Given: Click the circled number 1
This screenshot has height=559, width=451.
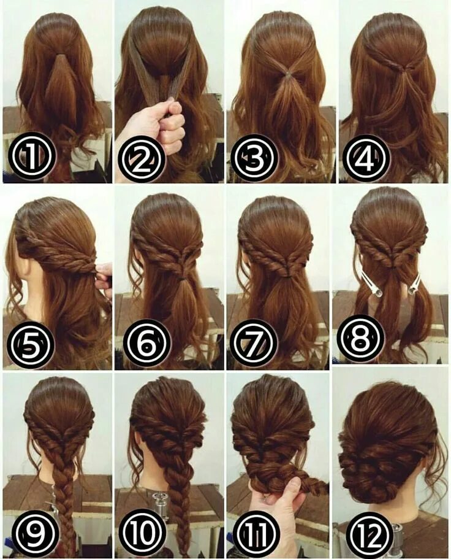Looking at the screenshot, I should [x=32, y=156].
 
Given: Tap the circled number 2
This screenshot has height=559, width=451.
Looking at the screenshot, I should [x=142, y=158].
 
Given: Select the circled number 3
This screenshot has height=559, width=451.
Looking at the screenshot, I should [x=254, y=158].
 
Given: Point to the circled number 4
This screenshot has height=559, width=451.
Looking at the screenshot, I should [x=366, y=158].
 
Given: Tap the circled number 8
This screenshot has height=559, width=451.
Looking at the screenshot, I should [x=360, y=338].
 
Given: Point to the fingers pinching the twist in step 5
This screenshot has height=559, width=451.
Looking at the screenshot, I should [x=104, y=276].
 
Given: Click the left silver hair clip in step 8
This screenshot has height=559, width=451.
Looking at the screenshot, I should [x=370, y=283].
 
